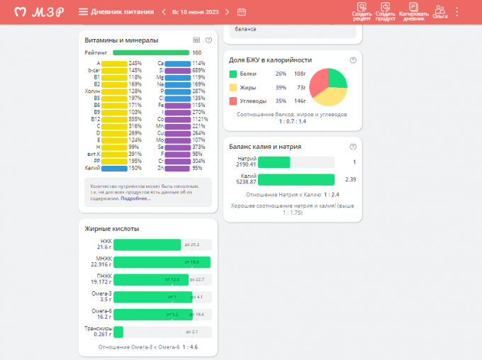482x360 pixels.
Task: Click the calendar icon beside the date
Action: point(242,11)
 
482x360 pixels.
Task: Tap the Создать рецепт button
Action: point(361,11)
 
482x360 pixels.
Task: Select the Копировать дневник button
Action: point(414,11)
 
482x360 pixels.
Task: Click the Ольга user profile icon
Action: point(440,11)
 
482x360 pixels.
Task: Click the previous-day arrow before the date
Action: point(164,11)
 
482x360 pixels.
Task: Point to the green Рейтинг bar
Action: point(150,52)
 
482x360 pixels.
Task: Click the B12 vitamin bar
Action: point(113,119)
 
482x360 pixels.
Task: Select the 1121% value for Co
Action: point(198,119)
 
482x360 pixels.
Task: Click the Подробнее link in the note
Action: point(135,198)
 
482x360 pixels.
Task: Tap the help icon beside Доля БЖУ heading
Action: point(353,60)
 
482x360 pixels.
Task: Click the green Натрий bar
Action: point(274,162)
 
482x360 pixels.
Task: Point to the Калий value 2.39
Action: point(350,179)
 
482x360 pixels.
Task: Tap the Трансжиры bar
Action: point(118,332)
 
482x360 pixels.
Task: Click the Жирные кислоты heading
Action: point(112,228)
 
